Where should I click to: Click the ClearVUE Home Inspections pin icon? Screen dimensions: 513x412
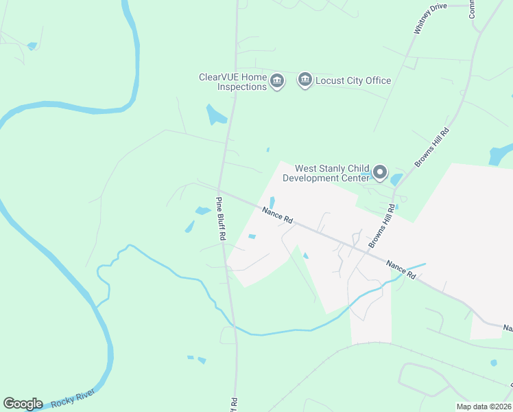[276, 81]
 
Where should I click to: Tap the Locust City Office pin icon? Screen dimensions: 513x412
[305, 80]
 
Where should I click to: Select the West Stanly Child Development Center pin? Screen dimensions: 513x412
[380, 172]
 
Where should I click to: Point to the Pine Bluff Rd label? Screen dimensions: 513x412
[221, 219]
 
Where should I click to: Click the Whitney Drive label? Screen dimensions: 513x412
[430, 19]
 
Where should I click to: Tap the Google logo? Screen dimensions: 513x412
[23, 404]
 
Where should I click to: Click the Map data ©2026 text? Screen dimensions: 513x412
[484, 407]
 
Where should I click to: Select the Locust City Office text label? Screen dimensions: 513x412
[353, 80]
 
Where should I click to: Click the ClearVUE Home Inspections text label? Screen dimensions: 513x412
[232, 82]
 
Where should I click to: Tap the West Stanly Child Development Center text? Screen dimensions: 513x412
[332, 173]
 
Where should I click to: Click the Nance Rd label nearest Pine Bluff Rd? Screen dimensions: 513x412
[277, 215]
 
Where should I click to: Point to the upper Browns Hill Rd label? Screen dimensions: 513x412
[432, 147]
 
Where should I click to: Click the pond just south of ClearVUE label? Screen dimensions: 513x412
[215, 115]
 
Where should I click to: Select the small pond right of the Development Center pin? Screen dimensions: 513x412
[396, 180]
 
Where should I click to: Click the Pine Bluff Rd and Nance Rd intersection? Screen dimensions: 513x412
[219, 190]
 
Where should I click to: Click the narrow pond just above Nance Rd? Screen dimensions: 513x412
[272, 203]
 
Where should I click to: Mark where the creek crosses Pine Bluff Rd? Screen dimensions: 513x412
[232, 323]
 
